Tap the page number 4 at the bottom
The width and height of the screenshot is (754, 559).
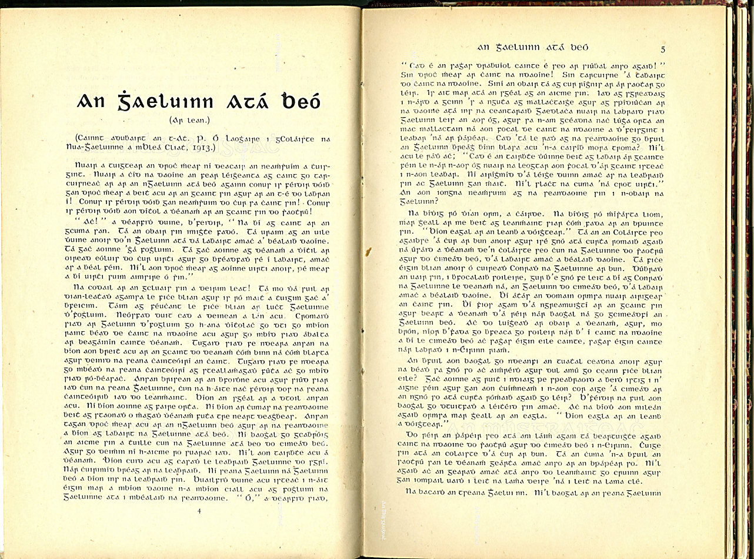199,511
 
